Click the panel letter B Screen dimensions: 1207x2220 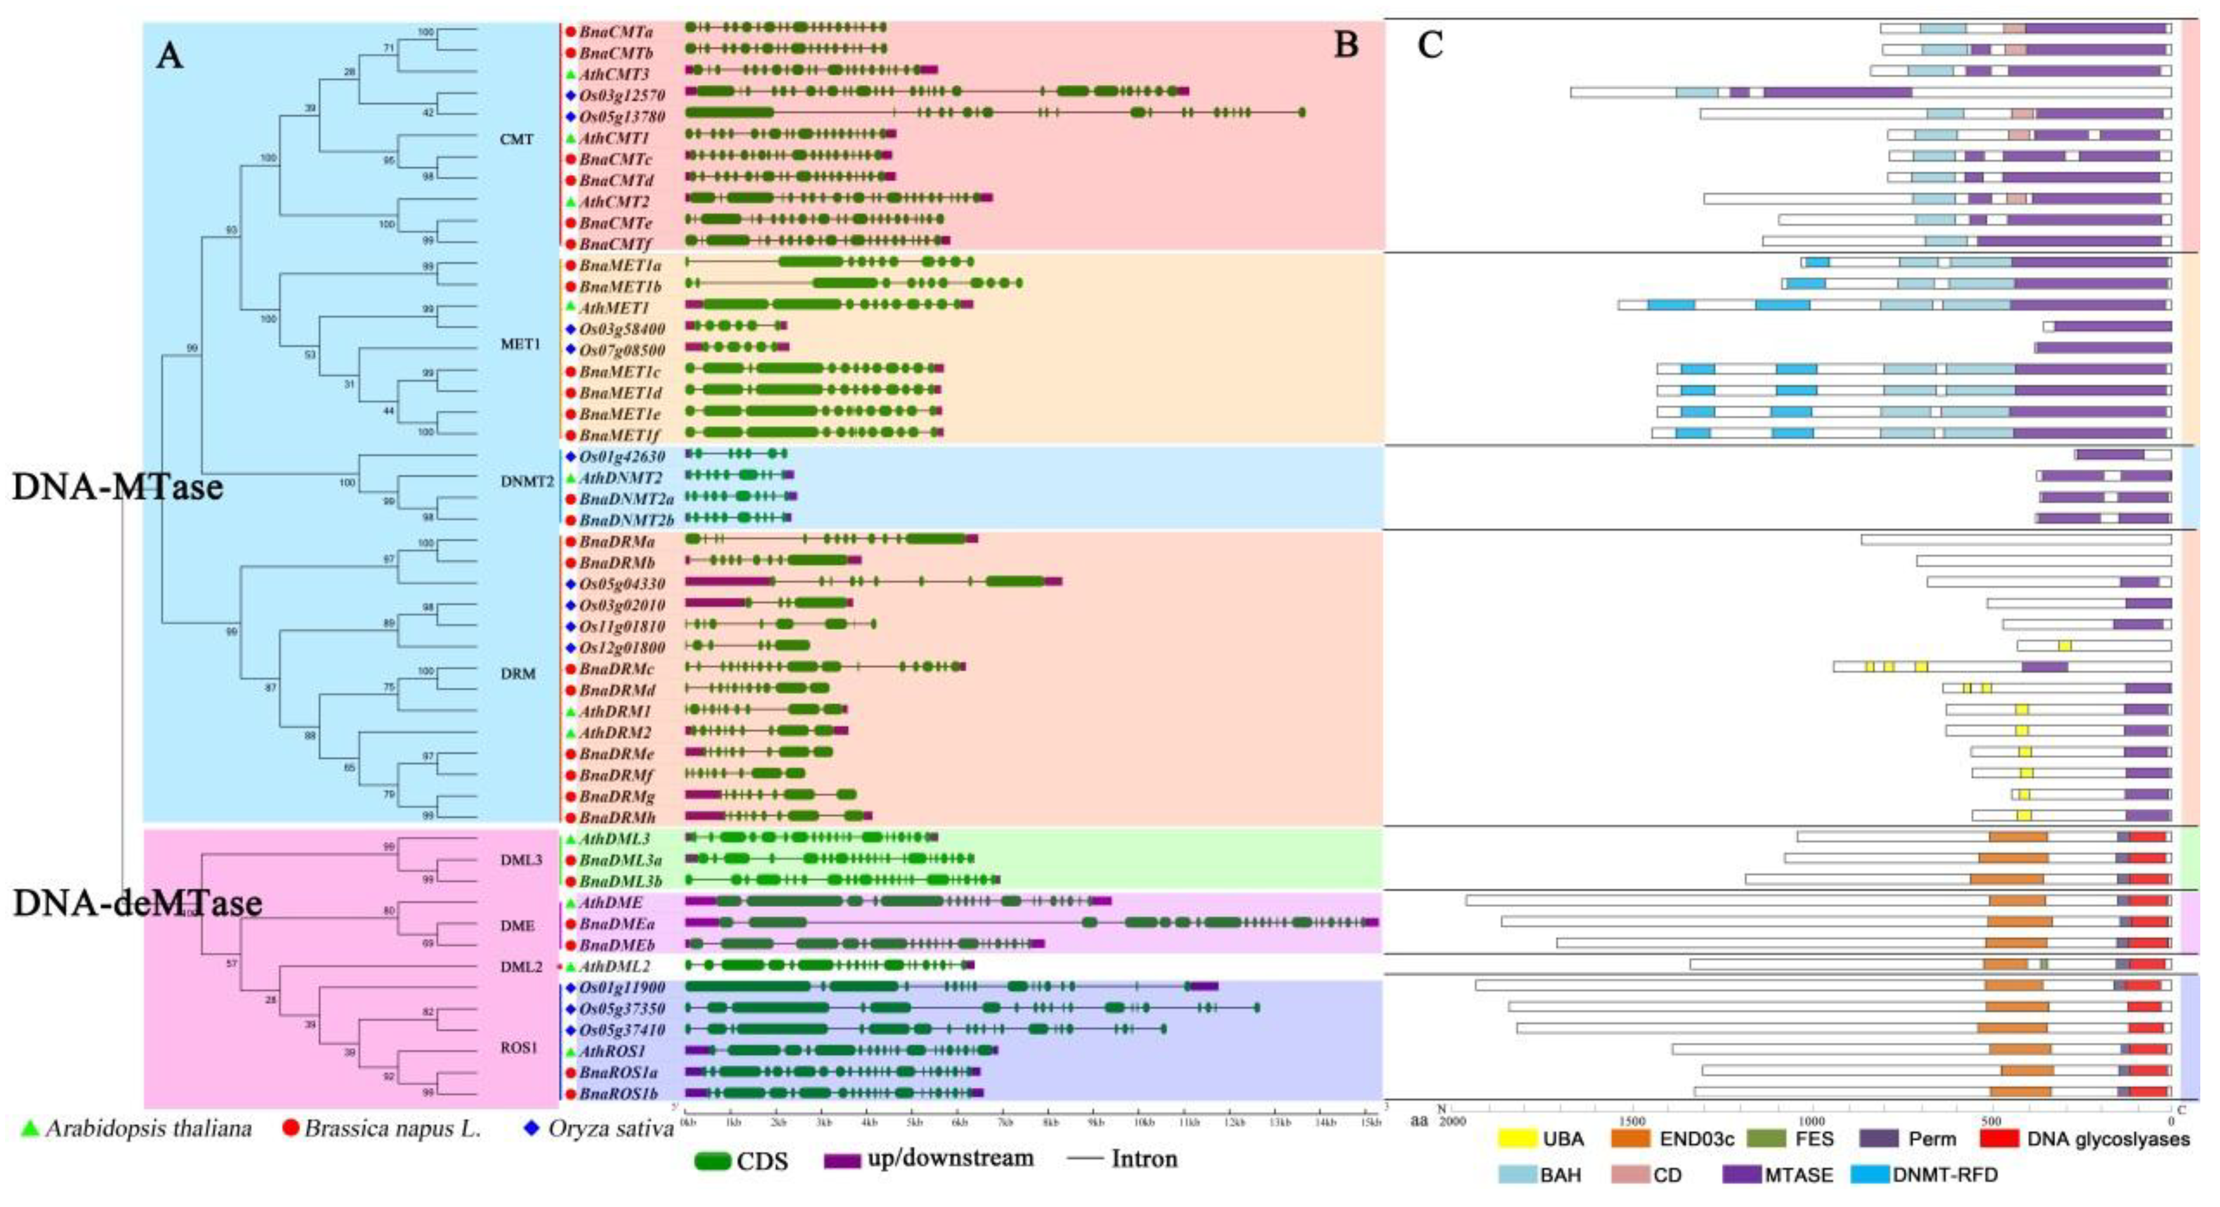pos(1346,45)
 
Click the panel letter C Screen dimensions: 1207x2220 pos(1430,45)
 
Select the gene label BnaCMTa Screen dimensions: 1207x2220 pos(616,32)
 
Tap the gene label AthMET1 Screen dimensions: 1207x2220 pos(614,308)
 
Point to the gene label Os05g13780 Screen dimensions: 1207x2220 pos(621,116)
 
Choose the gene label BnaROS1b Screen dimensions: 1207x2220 pos(618,1094)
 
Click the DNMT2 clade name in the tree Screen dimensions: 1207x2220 pos(527,481)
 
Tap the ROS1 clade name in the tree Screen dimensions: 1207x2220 pos(519,1048)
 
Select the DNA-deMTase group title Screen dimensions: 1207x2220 pos(137,903)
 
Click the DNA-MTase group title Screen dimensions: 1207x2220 pos(117,488)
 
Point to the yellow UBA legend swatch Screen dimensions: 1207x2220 pos(1517,1139)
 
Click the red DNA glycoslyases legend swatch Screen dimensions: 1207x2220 pos(1999,1139)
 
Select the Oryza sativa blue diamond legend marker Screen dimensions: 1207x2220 pos(532,1128)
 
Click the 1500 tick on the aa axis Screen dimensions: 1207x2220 pos(1632,1122)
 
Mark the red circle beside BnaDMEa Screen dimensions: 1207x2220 pos(570,924)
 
